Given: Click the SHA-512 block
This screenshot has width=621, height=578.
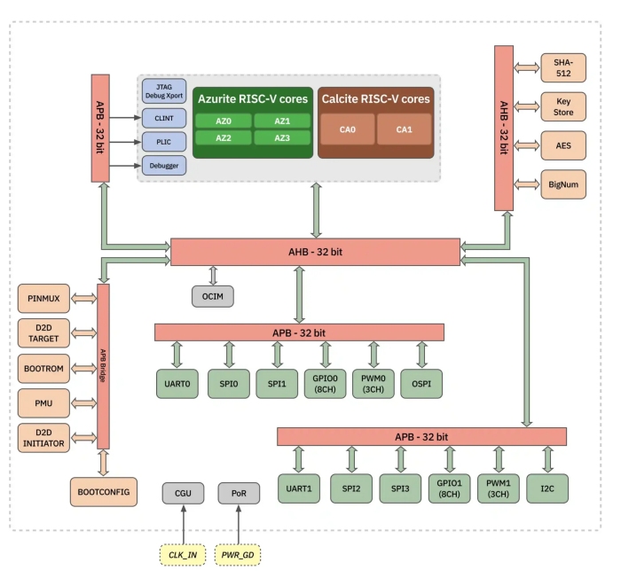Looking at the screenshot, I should point(563,66).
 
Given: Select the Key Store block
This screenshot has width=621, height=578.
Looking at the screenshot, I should point(563,106).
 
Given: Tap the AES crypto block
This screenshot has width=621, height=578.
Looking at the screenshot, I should point(563,144).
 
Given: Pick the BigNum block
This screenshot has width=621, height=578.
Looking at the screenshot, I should point(563,184).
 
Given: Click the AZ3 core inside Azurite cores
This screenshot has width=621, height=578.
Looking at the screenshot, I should point(281,137).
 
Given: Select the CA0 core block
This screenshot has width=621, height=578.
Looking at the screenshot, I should point(348,129).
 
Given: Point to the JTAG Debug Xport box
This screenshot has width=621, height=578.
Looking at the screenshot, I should point(163,91).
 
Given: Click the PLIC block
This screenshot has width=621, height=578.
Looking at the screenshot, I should point(163,141).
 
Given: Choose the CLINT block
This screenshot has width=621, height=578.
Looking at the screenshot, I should point(163,117).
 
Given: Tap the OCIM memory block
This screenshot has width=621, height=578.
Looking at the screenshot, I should point(213,295).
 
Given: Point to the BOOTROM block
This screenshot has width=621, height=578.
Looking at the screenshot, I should point(43,367).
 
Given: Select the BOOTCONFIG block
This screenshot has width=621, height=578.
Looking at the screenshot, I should point(105,491).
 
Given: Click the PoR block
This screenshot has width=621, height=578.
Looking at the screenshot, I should point(239,493).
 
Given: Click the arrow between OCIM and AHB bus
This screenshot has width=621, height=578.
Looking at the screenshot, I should point(213,275).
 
